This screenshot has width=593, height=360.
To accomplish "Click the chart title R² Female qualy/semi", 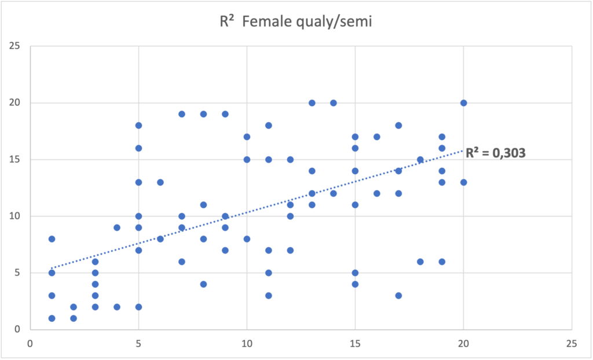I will pyautogui.click(x=296, y=23).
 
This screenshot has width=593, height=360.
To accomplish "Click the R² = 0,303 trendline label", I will pyautogui.click(x=496, y=155).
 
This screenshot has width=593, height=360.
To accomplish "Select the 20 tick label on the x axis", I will pyautogui.click(x=463, y=343).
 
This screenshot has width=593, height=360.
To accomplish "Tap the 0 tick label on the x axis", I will pyautogui.click(x=30, y=343).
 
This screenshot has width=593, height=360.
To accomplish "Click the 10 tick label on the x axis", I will pyautogui.click(x=247, y=343).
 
